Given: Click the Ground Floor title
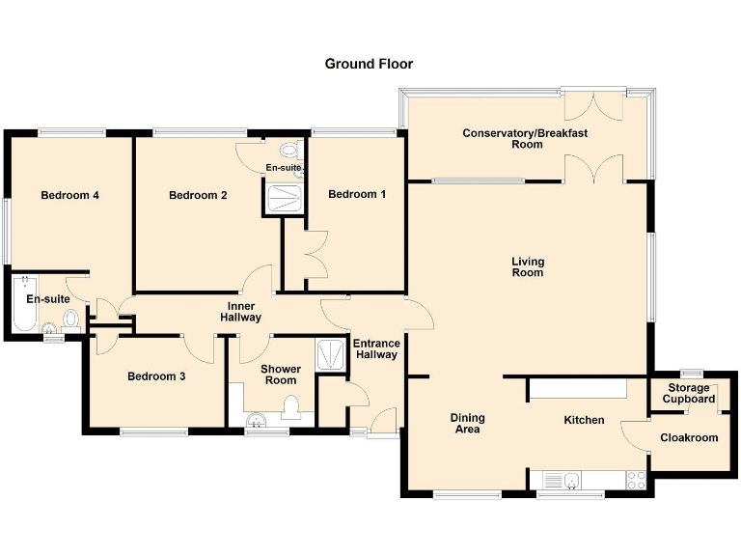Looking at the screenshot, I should click(x=369, y=64).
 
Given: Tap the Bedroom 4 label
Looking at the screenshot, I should click(x=70, y=195).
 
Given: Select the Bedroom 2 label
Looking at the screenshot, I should click(x=198, y=195).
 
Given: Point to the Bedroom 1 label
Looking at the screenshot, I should click(x=357, y=194).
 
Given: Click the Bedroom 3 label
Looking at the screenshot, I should click(x=156, y=376).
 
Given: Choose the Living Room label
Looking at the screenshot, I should click(x=528, y=267).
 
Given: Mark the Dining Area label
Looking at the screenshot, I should click(x=468, y=424).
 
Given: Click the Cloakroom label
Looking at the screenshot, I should click(x=689, y=437).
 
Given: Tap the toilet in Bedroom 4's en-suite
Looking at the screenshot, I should click(x=69, y=320).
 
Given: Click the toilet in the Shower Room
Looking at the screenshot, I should click(x=293, y=409).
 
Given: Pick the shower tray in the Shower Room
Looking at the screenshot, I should click(x=331, y=353).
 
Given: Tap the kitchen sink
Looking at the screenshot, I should click(x=560, y=480).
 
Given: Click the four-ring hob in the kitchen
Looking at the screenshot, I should click(x=637, y=479).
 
